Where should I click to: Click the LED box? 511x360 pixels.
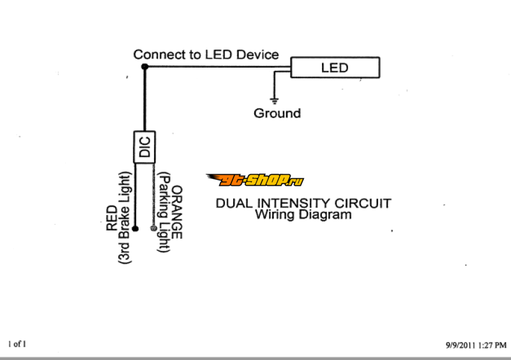pos(335,67)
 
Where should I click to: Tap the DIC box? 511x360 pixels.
pos(144,147)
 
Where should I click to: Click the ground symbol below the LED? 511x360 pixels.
pos(275,100)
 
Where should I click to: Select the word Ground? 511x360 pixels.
pos(277,114)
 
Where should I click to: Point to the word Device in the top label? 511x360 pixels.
pos(257,55)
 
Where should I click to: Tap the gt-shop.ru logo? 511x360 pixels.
pos(254,181)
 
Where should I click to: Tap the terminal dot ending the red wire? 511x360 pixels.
pos(134,227)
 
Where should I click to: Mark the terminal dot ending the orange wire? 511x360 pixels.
pos(153,228)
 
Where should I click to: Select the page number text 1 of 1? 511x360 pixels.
pos(17,344)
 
